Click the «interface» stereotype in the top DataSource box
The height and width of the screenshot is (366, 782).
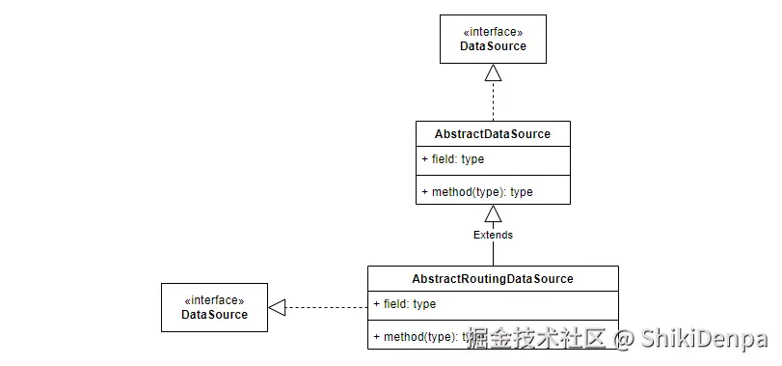pyautogui.click(x=493, y=32)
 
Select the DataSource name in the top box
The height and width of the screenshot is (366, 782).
pyautogui.click(x=493, y=46)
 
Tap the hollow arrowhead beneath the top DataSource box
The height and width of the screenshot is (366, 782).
pyautogui.click(x=493, y=72)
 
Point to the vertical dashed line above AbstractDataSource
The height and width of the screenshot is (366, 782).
pyautogui.click(x=493, y=101)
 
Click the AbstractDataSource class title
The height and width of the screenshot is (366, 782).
pyautogui.click(x=493, y=133)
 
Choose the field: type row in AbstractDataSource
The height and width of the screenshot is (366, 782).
pyautogui.click(x=453, y=158)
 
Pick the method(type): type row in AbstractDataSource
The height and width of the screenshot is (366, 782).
pyautogui.click(x=477, y=191)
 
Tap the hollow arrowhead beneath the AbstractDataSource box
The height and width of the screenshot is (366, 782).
pyautogui.click(x=493, y=212)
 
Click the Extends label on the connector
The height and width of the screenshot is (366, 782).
pyautogui.click(x=493, y=235)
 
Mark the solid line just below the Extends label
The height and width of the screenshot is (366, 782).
pyautogui.click(x=493, y=254)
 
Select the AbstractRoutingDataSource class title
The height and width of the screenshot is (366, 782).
pyautogui.click(x=493, y=279)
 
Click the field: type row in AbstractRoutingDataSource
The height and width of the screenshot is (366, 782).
pyautogui.click(x=405, y=304)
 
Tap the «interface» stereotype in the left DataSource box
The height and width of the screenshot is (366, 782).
pyautogui.click(x=214, y=299)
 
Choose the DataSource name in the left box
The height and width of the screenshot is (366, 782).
pyautogui.click(x=214, y=314)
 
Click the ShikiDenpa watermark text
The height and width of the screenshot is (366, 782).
pyautogui.click(x=704, y=339)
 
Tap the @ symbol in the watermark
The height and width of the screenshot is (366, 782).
pyautogui.click(x=625, y=339)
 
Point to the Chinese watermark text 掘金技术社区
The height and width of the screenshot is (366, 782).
pyautogui.click(x=536, y=339)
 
